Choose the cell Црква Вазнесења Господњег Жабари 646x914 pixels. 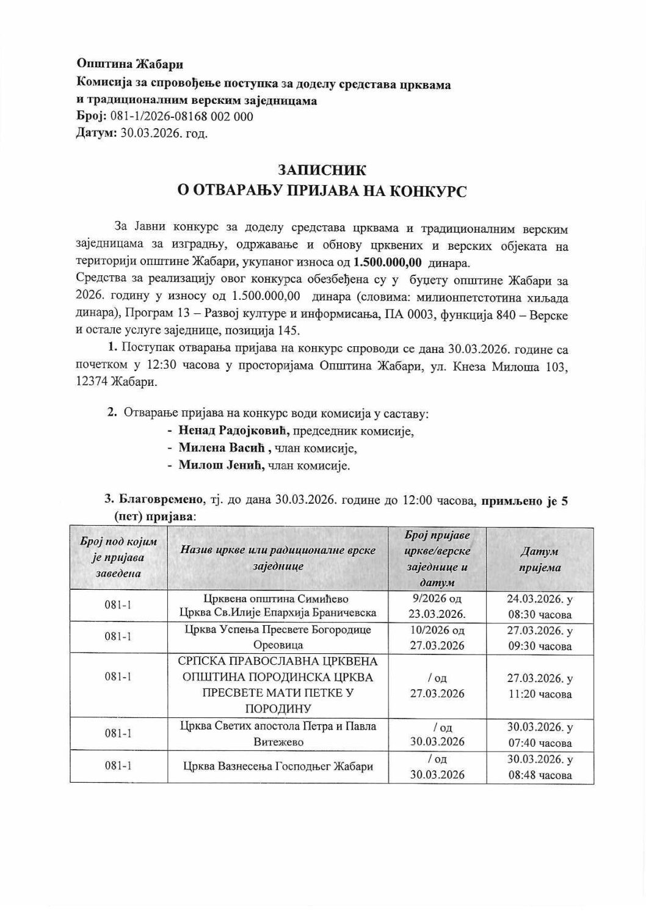[278, 767]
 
